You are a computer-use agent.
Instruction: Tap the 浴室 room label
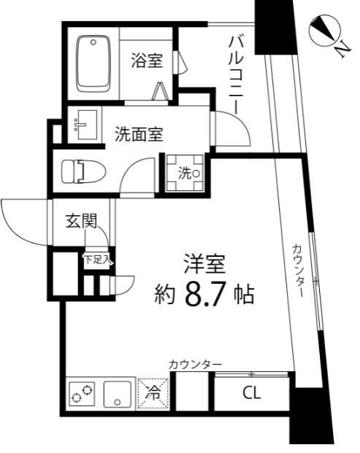147,61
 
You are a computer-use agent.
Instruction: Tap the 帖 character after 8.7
244,295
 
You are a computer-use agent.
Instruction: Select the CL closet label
250,395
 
